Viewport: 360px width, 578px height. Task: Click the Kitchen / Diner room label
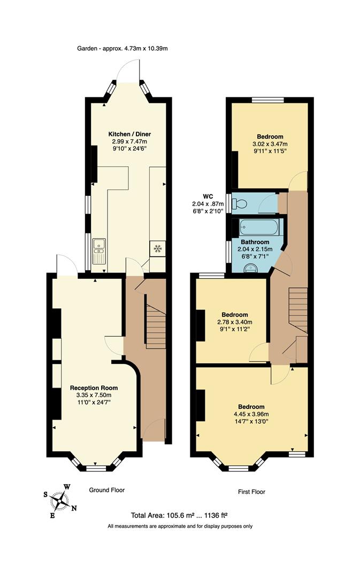coord(129,134)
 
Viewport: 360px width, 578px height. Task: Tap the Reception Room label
coord(94,387)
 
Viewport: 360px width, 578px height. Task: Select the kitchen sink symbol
coord(99,251)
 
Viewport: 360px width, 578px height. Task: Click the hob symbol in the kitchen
coord(158,248)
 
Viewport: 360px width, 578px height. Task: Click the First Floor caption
coord(251,491)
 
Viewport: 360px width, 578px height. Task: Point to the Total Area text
coord(179,515)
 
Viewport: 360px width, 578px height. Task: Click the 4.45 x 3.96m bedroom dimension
coord(251,414)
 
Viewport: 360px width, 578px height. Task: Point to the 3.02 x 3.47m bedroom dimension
coord(270,144)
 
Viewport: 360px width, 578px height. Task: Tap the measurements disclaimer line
coord(180,526)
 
